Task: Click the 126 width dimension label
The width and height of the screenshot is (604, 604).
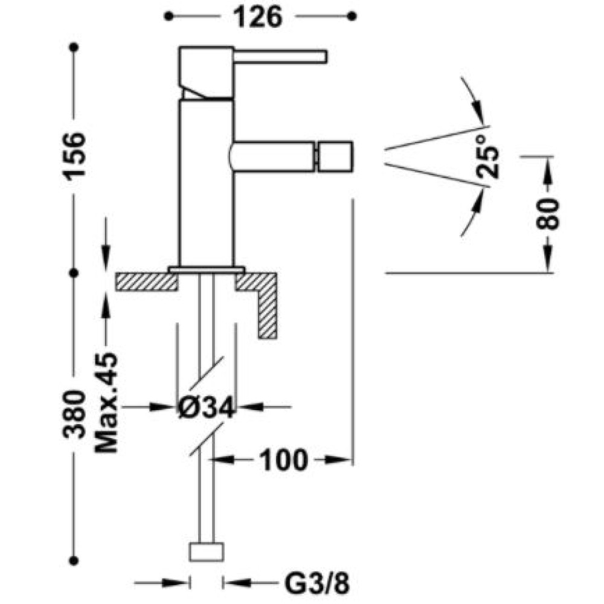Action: click(x=258, y=17)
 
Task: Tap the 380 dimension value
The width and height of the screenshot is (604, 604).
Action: click(x=74, y=414)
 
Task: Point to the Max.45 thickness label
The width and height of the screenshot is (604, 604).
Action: click(x=106, y=402)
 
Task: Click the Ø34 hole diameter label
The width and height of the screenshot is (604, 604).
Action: click(x=206, y=407)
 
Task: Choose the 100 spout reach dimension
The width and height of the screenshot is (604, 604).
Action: click(x=284, y=460)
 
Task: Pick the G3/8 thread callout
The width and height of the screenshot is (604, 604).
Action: click(x=317, y=583)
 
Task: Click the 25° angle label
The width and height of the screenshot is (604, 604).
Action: click(x=487, y=156)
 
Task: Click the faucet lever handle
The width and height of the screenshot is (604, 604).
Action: click(x=280, y=56)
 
